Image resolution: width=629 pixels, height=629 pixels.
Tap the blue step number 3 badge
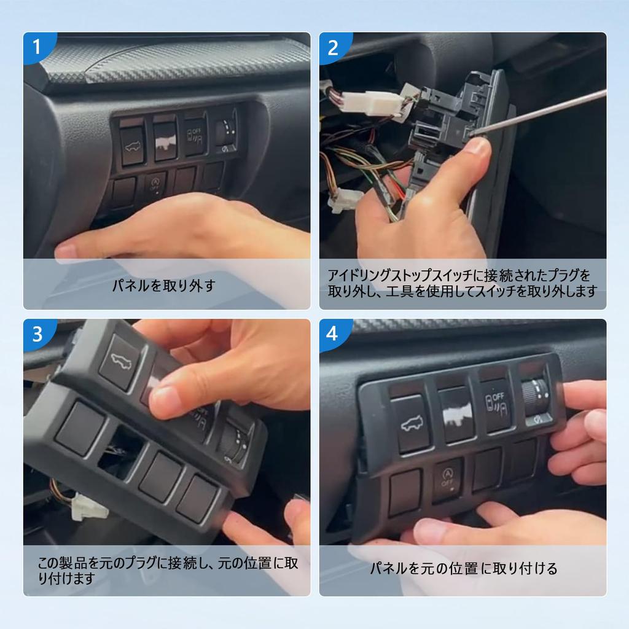(37, 334)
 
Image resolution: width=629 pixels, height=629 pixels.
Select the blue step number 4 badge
(333, 334)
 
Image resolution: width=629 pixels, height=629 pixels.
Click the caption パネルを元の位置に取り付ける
(463, 569)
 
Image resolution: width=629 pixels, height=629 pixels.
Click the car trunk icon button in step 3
(120, 362)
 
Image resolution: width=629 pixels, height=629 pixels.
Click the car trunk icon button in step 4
(411, 423)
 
